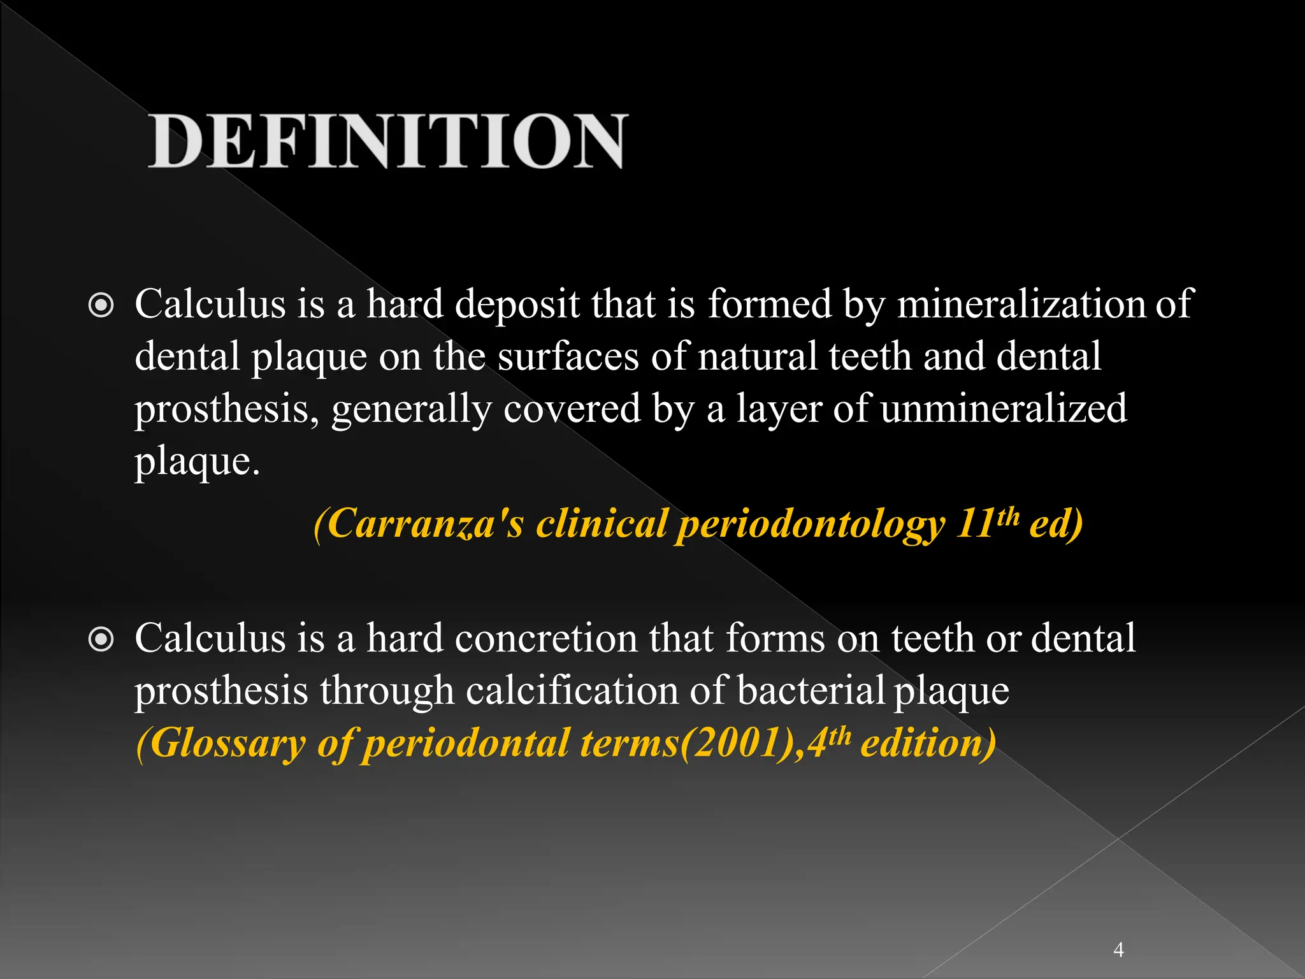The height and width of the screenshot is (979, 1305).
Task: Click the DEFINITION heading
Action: click(x=388, y=141)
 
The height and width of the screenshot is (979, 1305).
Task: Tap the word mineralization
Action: click(x=1020, y=303)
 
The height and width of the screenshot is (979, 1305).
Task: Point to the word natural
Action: click(x=758, y=356)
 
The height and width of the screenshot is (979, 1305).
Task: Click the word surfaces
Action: click(x=568, y=356)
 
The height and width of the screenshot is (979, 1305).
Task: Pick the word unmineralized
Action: click(x=1004, y=408)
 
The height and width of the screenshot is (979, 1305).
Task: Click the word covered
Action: click(x=572, y=408)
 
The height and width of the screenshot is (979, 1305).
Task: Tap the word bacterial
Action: click(x=811, y=690)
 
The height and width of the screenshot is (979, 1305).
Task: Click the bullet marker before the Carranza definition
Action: click(x=101, y=306)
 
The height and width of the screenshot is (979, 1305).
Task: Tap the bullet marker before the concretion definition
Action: click(x=101, y=640)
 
